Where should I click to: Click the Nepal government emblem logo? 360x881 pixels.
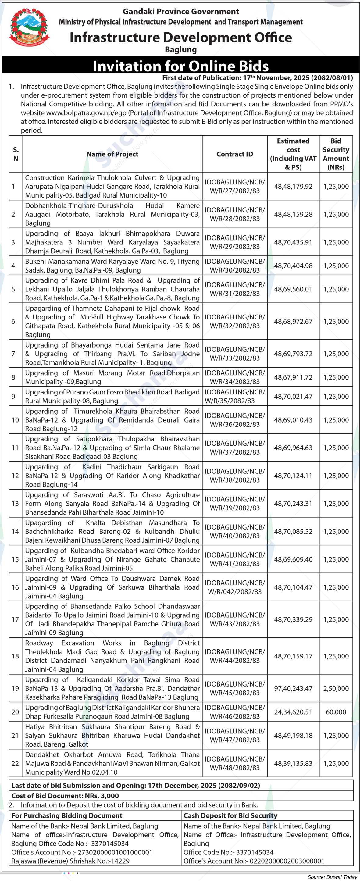tap(29, 30)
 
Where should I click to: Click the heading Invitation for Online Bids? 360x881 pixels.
tap(180, 66)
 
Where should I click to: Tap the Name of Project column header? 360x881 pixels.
tap(112, 154)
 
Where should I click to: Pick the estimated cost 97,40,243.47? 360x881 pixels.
tap(293, 688)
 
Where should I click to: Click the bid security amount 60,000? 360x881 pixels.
tap(336, 712)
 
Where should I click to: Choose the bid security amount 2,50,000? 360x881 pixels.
tap(336, 688)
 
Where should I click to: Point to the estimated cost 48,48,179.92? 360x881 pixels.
tap(293, 186)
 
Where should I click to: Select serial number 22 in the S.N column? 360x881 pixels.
tap(15, 763)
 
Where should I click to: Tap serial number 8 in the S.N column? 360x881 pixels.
tap(13, 377)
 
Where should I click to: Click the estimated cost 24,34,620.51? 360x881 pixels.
tap(293, 712)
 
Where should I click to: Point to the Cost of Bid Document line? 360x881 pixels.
tap(65, 796)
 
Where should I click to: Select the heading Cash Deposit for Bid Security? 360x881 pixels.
tap(230, 815)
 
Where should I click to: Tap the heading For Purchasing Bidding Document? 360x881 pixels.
tap(67, 815)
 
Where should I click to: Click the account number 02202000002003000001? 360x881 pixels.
tap(287, 861)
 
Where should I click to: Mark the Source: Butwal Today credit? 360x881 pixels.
tap(332, 877)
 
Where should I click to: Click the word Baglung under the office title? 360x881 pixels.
tap(180, 50)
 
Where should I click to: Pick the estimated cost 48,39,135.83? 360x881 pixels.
tap(293, 763)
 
